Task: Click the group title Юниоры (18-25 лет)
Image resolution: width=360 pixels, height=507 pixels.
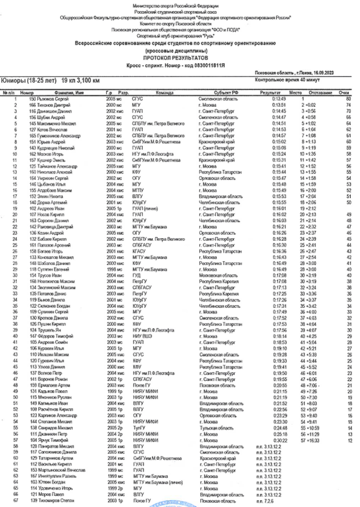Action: pos(28,80)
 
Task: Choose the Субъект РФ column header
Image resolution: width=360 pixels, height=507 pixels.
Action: pos(219,93)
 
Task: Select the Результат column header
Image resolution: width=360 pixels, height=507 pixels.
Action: pos(270,93)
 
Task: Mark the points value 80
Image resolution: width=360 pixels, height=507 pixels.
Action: pos(348,98)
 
